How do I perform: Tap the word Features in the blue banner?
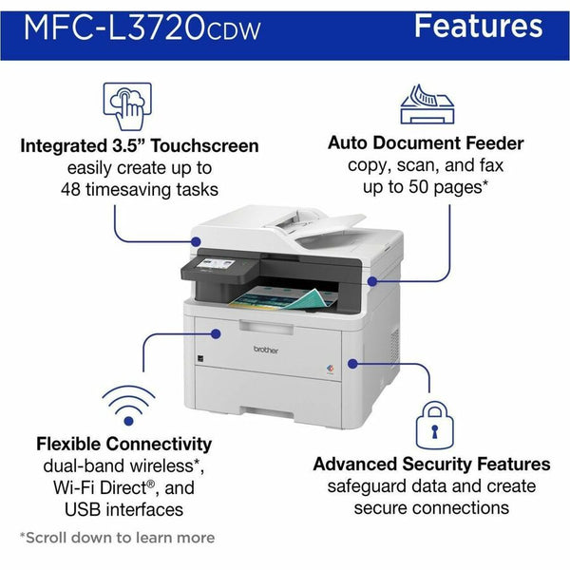click(x=478, y=27)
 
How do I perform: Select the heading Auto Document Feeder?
click(x=426, y=143)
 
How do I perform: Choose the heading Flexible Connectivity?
click(x=123, y=444)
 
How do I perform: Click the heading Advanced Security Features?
click(x=432, y=465)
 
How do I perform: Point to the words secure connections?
click(x=432, y=508)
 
